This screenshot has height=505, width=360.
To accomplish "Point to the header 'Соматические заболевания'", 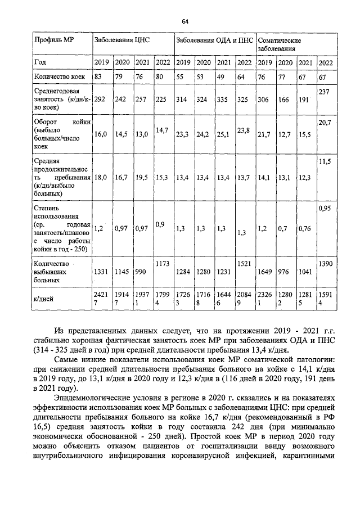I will coord(280,45).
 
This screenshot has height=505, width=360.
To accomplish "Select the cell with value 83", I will coord(98,76).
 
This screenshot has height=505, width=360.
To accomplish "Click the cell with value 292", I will coord(100,99).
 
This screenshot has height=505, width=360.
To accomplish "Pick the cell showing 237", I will coord(324,91).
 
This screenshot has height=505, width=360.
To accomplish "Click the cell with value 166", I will coord(284,99).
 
